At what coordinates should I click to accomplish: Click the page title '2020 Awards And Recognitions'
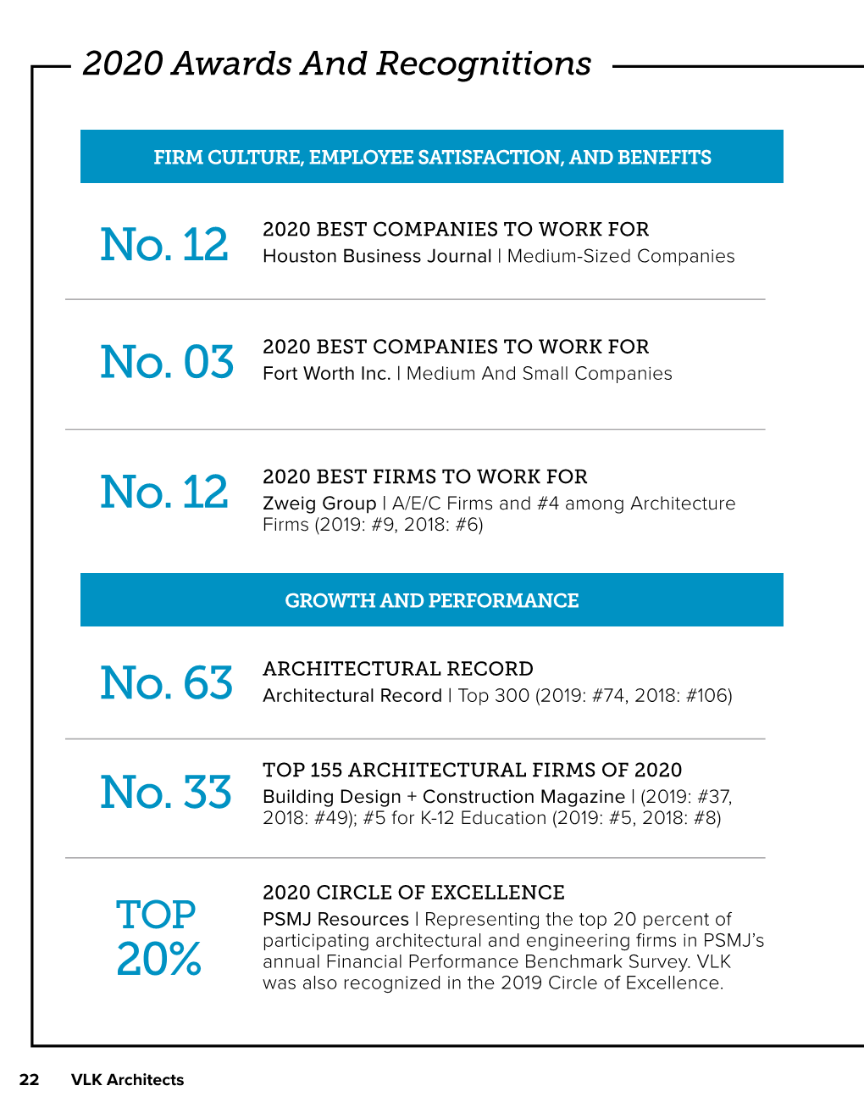[336, 64]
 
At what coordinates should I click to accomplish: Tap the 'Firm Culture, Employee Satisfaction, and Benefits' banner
[432, 157]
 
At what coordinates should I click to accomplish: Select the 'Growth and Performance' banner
[432, 600]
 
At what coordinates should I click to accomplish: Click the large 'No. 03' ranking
[167, 361]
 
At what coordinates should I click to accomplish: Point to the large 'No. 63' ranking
[166, 682]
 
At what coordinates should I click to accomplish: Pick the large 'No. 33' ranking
[166, 792]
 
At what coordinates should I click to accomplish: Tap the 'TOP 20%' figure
[158, 938]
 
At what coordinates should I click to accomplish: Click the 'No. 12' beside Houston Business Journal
[164, 244]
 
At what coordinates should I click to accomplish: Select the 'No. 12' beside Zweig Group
[164, 492]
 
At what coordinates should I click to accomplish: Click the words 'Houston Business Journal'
[377, 256]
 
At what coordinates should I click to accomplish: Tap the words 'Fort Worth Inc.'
[327, 373]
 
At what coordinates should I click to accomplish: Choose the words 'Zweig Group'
[319, 503]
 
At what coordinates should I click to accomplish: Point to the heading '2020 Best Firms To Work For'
[425, 476]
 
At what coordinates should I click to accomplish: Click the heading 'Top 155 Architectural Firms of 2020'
[473, 770]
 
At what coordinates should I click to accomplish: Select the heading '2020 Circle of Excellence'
[413, 893]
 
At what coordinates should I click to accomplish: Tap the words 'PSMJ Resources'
[336, 919]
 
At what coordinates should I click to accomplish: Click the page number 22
[29, 1080]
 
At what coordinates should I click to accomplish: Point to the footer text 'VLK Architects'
[127, 1080]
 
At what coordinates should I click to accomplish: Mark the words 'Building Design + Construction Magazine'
[444, 797]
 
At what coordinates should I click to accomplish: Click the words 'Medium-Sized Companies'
[621, 256]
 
